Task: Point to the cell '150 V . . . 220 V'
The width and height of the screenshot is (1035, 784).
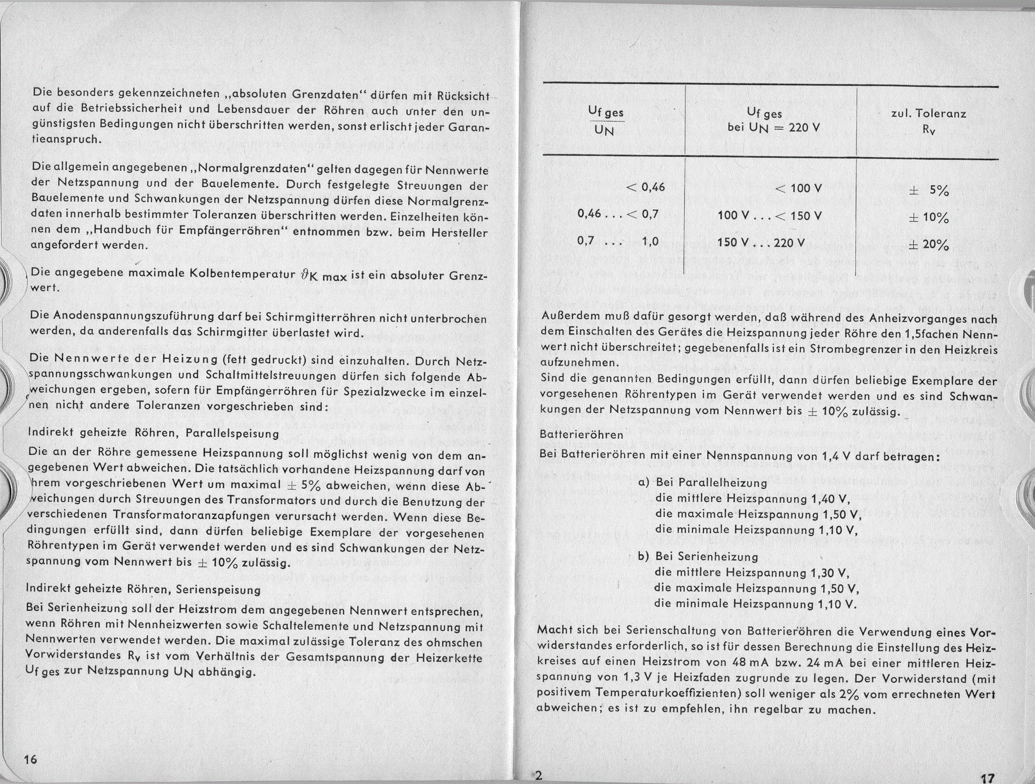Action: [761, 242]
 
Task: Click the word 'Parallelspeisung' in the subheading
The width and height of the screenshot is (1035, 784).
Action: [232, 434]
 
